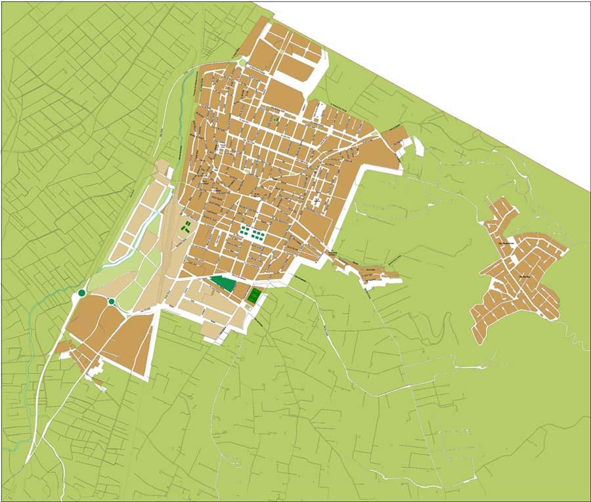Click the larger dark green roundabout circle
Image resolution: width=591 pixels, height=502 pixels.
click(x=81, y=293)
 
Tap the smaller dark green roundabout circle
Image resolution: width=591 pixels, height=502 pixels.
click(x=112, y=301)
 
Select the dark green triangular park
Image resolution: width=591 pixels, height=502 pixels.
click(x=223, y=283)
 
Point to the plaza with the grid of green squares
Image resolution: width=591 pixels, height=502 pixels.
click(x=253, y=234)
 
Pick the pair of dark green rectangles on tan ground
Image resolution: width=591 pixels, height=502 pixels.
click(x=186, y=228)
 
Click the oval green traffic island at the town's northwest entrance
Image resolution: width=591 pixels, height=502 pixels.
click(x=242, y=62)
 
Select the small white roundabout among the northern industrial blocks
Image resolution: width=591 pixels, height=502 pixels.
click(x=283, y=52)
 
